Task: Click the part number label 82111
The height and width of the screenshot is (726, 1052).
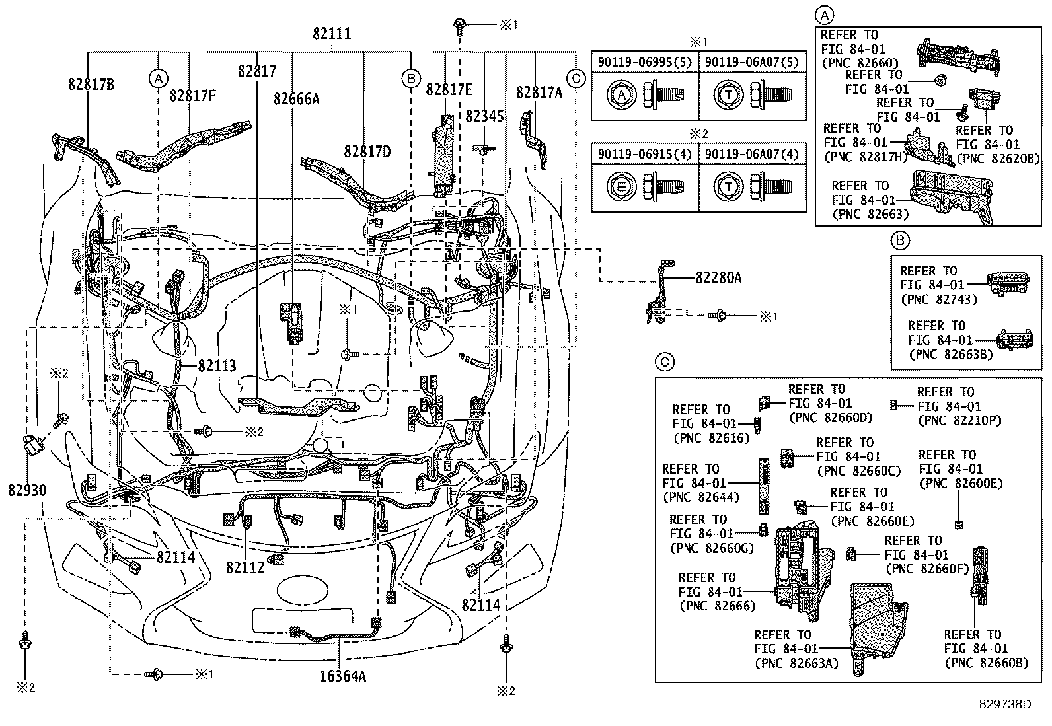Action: (x=332, y=34)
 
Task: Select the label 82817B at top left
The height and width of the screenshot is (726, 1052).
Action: (x=91, y=84)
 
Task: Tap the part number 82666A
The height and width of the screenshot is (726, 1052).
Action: (x=296, y=99)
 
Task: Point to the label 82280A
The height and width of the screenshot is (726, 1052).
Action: (x=718, y=279)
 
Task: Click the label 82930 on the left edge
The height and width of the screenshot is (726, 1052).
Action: (x=28, y=490)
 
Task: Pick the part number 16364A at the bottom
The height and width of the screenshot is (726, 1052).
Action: (x=344, y=676)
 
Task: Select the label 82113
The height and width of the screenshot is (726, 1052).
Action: (x=217, y=367)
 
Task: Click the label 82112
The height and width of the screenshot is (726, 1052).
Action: (x=245, y=567)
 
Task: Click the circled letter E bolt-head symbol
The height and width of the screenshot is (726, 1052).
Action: (x=620, y=188)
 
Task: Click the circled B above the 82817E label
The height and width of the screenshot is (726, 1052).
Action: (x=410, y=79)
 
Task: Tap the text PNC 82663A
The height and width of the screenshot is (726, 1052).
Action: (x=796, y=663)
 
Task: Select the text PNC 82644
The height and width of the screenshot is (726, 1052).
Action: (x=701, y=497)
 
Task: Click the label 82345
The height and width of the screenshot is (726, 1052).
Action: (x=484, y=116)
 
